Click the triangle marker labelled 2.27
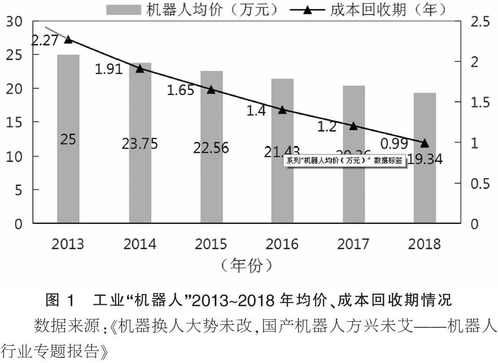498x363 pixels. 68,39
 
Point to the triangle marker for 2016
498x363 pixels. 282,110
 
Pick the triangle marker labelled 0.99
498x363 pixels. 425,143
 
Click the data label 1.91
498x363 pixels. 109,69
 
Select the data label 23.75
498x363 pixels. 140,144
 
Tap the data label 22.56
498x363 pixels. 211,148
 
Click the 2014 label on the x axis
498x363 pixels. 140,244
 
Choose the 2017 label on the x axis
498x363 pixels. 353,244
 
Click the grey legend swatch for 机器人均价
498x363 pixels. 123,9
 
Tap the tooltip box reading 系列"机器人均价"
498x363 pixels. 344,161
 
